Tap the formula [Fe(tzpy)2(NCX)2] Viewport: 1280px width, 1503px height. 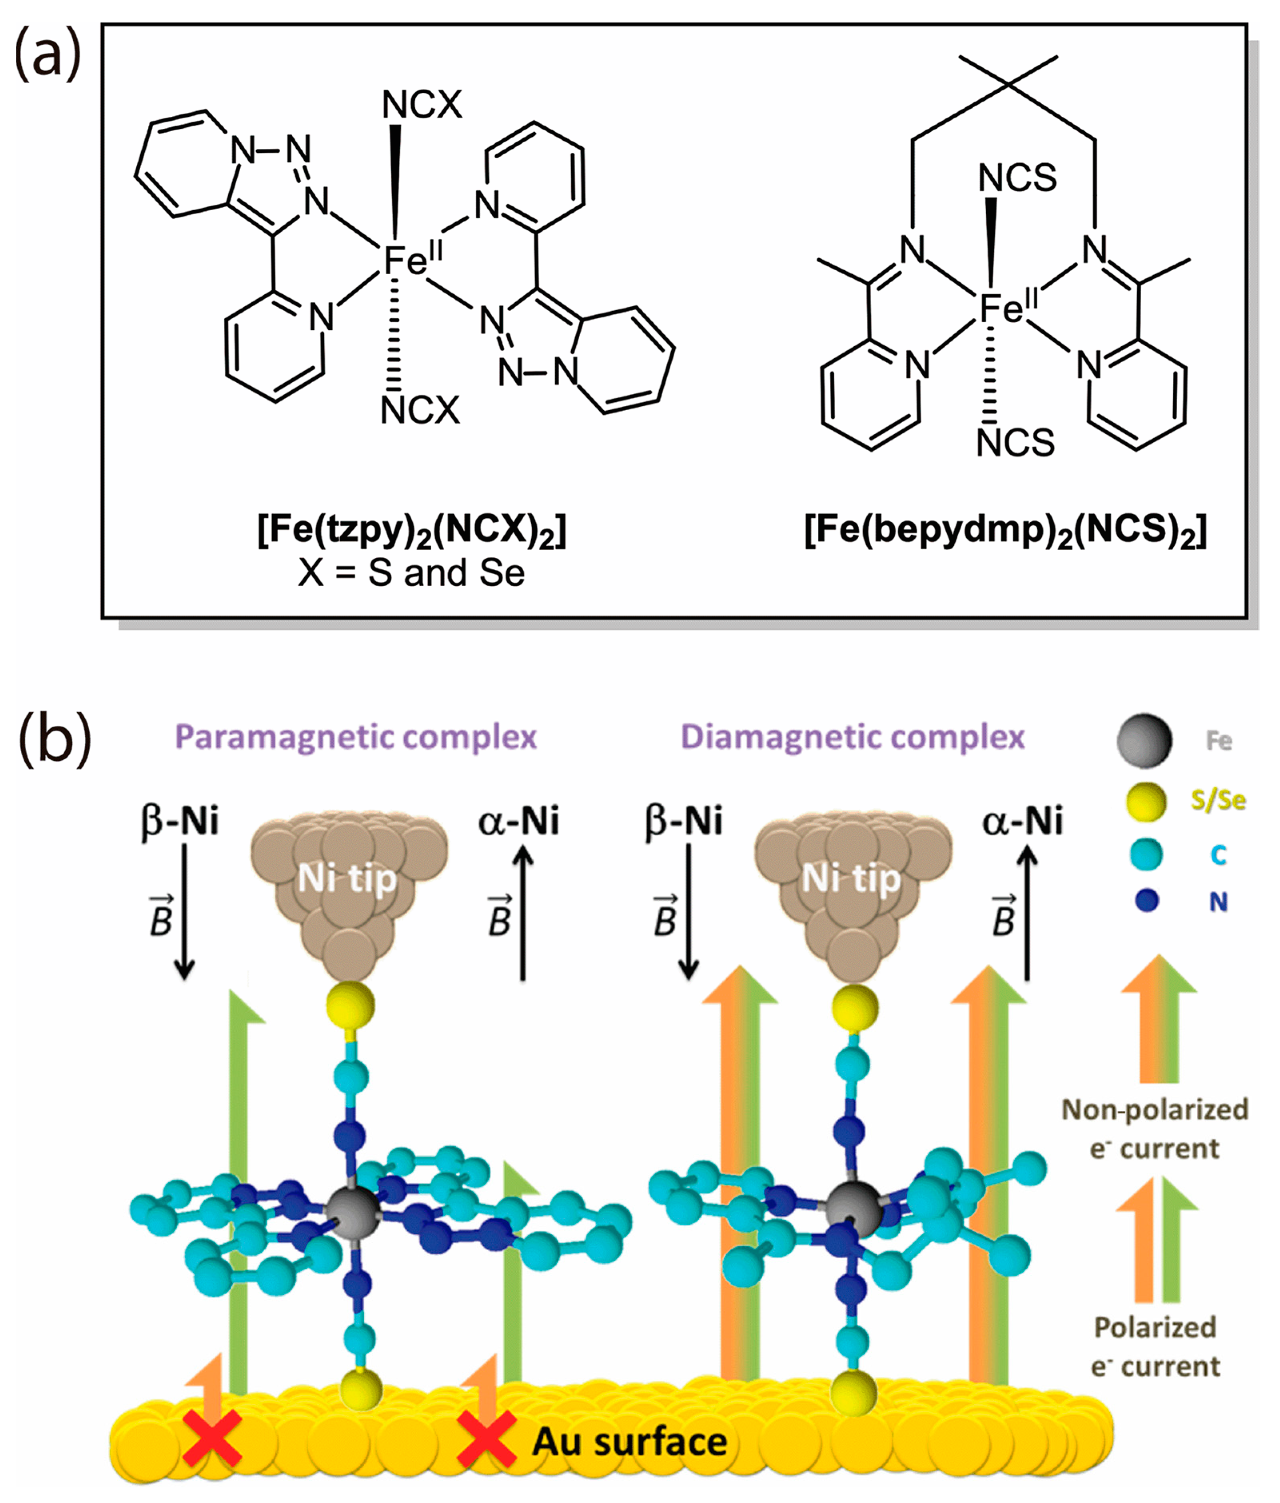[411, 532]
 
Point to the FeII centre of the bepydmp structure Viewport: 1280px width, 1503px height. [1008, 308]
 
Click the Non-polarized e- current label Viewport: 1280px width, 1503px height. [1154, 1130]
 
